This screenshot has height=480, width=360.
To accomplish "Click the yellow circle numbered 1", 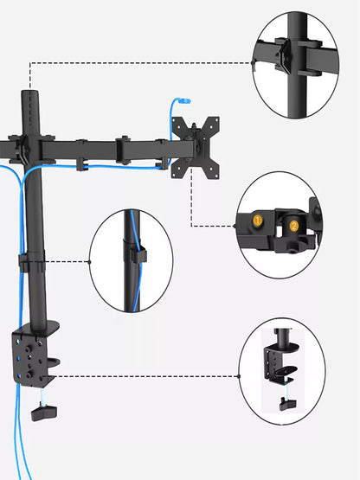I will coord(257,221).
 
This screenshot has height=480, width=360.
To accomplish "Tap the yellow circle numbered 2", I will coord(293,226).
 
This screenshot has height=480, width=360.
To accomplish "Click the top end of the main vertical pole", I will coord(31,93).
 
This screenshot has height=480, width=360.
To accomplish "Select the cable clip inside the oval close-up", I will coord(138,254).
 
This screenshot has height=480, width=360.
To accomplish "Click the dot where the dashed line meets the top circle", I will coord(252,62).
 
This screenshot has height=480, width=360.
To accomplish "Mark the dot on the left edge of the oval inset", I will coord(90,261).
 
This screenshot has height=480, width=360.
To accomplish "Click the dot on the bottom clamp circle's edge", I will coord(240,376).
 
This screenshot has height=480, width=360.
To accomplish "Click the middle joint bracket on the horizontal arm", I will coord(123,149).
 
